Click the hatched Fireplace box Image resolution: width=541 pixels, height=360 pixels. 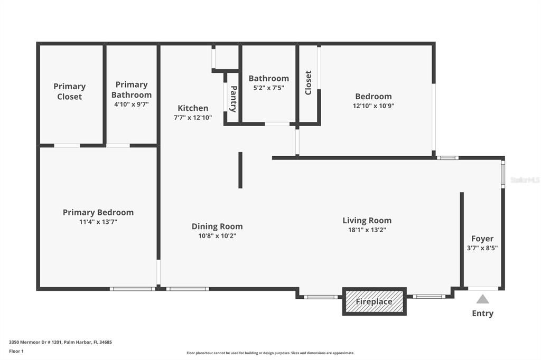374,301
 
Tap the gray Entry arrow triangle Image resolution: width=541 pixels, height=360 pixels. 482,299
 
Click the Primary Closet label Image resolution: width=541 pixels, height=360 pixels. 69,91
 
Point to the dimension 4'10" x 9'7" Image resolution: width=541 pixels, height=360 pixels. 132,105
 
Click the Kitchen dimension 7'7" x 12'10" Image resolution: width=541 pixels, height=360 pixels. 193,118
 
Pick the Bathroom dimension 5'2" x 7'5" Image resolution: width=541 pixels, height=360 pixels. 268,88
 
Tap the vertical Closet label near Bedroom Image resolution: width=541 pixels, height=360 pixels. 308,83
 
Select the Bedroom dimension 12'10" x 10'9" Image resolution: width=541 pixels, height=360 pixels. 374,106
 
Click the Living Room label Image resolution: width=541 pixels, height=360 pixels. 367,221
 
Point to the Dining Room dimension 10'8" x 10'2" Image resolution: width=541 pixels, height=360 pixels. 217,236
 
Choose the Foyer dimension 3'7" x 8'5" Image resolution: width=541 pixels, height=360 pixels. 482,248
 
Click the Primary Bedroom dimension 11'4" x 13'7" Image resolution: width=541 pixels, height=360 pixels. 98,222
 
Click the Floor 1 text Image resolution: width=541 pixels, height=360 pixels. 16,350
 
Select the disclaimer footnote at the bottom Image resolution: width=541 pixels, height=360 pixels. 270,353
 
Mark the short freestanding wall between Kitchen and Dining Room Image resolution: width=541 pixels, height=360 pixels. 240,170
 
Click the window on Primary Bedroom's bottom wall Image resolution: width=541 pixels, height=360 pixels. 133,289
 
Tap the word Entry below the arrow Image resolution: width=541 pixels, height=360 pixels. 482,314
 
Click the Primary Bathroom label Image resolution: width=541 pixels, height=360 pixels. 132,90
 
